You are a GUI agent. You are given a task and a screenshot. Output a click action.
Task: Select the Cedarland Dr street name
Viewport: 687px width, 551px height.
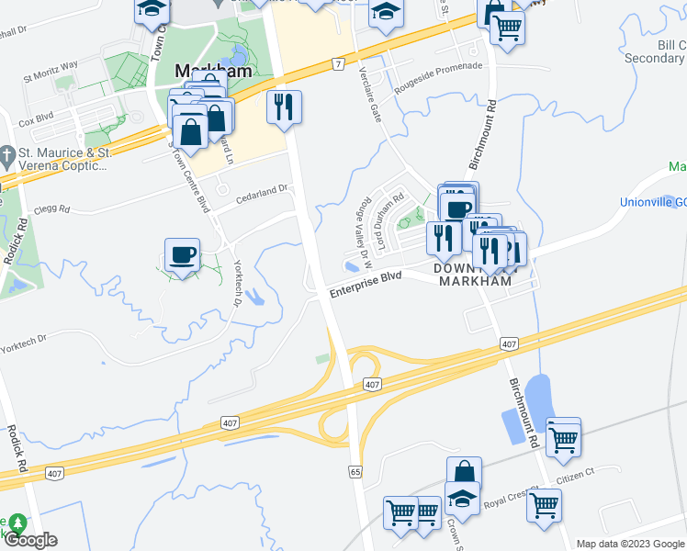click(262, 190)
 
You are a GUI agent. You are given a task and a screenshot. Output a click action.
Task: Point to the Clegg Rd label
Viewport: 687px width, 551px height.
click(52, 209)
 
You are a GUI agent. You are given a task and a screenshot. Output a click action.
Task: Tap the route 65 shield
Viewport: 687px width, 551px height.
click(355, 471)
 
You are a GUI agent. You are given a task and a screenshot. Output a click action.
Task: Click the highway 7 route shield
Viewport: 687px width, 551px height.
click(339, 63)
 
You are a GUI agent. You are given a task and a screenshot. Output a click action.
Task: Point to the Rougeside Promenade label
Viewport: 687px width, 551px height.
click(438, 78)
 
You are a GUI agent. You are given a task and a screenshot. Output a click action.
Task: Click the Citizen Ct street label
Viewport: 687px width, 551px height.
click(577, 473)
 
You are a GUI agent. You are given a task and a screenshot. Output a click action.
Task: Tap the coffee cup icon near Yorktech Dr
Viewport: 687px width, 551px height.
click(182, 253)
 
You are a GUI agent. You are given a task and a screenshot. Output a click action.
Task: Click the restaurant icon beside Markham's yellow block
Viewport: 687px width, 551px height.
click(284, 107)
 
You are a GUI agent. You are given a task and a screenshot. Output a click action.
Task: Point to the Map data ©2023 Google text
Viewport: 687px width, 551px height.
click(629, 544)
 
